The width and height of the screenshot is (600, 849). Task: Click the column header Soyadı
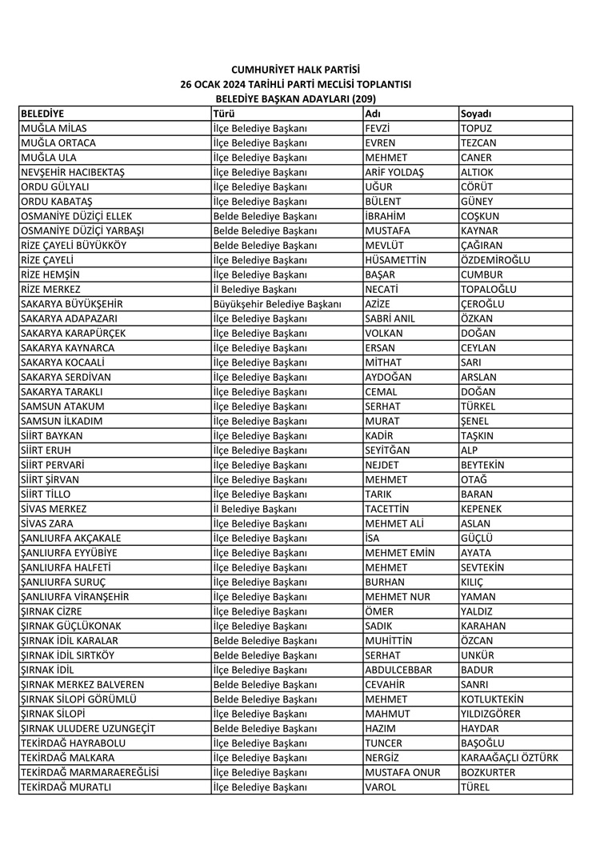tap(476, 114)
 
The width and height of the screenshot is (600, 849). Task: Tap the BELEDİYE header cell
tap(42, 114)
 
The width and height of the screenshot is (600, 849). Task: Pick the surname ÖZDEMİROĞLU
tap(495, 260)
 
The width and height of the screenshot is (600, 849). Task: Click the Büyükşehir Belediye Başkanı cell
tap(277, 304)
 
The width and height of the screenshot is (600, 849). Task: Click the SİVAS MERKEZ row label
tap(54, 509)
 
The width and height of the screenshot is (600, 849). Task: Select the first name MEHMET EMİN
tap(399, 553)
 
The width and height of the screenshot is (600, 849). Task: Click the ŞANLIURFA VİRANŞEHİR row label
tap(75, 597)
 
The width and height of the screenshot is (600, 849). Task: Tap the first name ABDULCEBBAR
tap(398, 671)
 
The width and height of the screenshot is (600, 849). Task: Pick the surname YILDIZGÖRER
tap(490, 715)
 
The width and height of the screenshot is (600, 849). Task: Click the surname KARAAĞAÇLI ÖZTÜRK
tap(509, 759)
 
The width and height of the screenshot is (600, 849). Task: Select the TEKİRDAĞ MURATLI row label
tap(66, 788)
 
